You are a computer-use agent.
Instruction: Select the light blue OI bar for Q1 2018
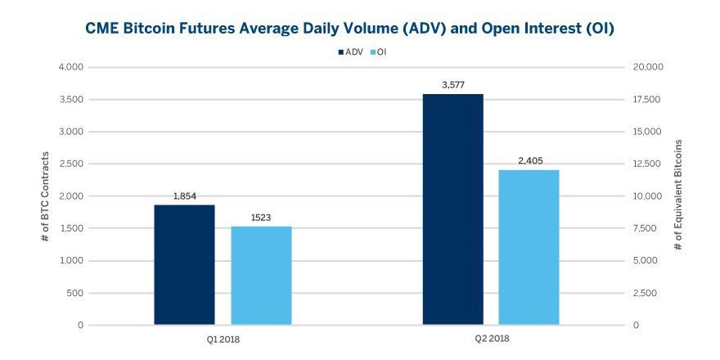pyautogui.click(x=261, y=275)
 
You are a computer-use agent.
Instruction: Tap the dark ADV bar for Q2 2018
pyautogui.click(x=452, y=209)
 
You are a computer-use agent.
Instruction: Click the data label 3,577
pyautogui.click(x=452, y=84)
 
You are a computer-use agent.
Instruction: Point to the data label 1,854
pyautogui.click(x=184, y=196)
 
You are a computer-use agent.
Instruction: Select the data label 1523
pyautogui.click(x=261, y=218)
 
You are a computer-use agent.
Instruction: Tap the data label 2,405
pyautogui.click(x=529, y=160)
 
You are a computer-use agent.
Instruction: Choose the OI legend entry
pyautogui.click(x=380, y=52)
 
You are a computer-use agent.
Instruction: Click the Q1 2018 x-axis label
pyautogui.click(x=223, y=338)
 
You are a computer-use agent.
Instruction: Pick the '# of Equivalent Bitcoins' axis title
pyautogui.click(x=678, y=196)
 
